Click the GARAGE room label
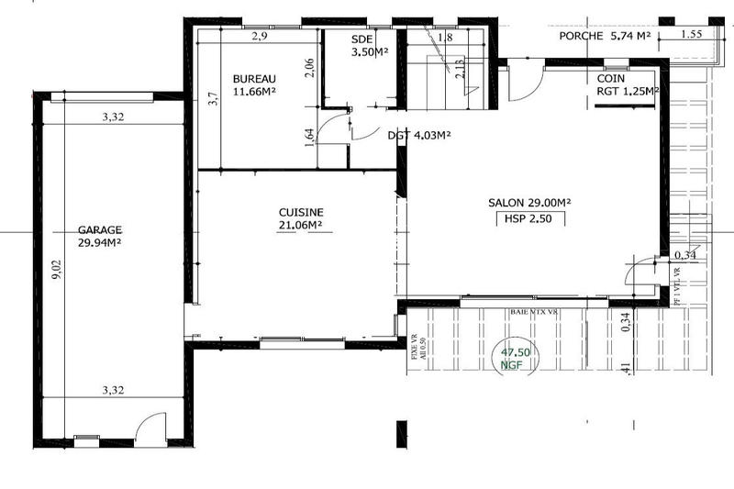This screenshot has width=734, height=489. (101, 231)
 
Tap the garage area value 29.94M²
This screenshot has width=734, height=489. (101, 243)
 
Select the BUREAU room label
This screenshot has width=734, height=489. (253, 78)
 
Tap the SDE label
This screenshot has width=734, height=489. (362, 39)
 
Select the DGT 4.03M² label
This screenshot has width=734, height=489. (418, 135)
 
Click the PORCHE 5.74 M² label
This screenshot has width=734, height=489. (605, 37)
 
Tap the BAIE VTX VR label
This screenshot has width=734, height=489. (534, 312)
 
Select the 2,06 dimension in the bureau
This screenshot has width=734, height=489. (309, 69)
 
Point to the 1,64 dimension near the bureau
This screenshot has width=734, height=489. (309, 135)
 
